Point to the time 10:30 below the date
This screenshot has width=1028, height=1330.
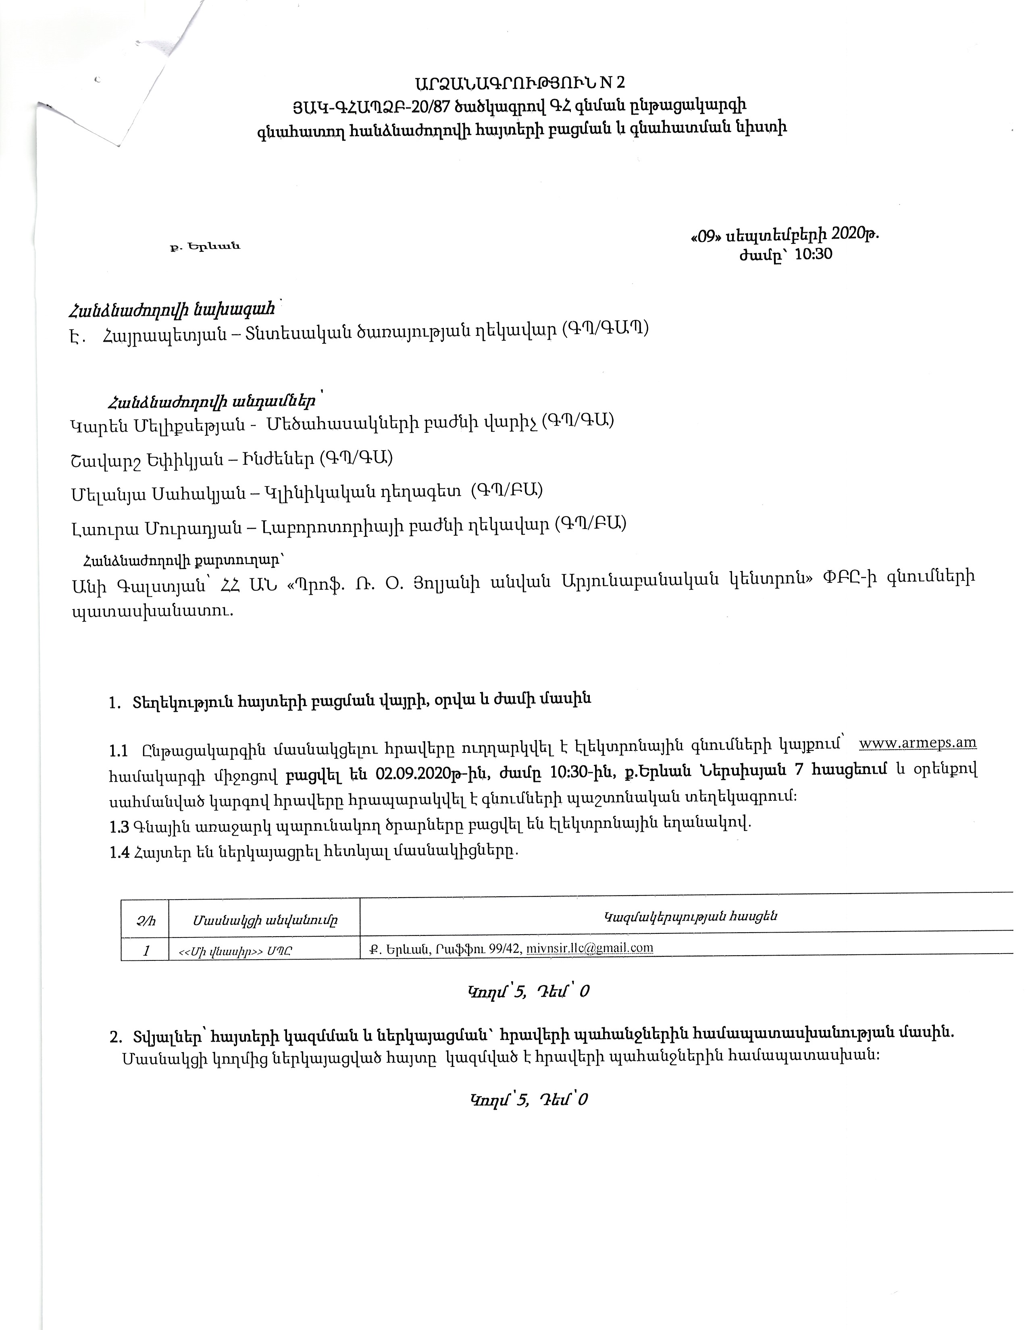tap(813, 254)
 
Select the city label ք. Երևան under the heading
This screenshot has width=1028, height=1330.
tap(205, 247)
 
